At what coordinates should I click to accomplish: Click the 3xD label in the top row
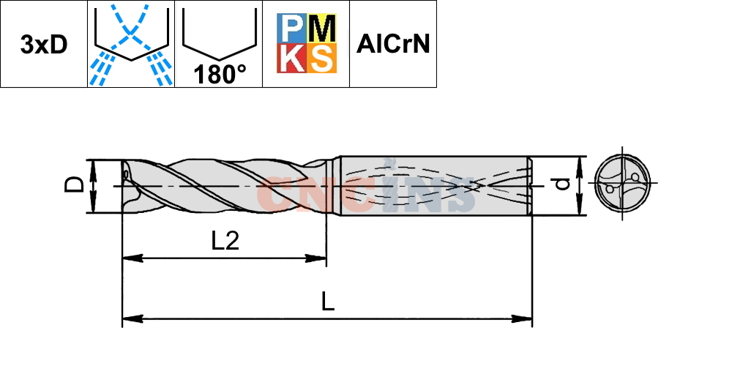(x=44, y=45)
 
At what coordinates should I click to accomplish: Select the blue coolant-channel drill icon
(x=131, y=45)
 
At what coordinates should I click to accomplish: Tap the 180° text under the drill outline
(x=220, y=74)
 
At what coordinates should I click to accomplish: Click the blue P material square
(x=292, y=29)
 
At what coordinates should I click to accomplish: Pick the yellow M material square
(x=321, y=29)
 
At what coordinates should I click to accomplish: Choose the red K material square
(x=292, y=59)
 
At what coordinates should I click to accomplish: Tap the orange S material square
(x=321, y=59)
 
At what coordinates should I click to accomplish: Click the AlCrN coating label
(x=392, y=45)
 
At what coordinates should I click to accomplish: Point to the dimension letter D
(x=74, y=185)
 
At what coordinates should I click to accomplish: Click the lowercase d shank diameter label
(x=564, y=184)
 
